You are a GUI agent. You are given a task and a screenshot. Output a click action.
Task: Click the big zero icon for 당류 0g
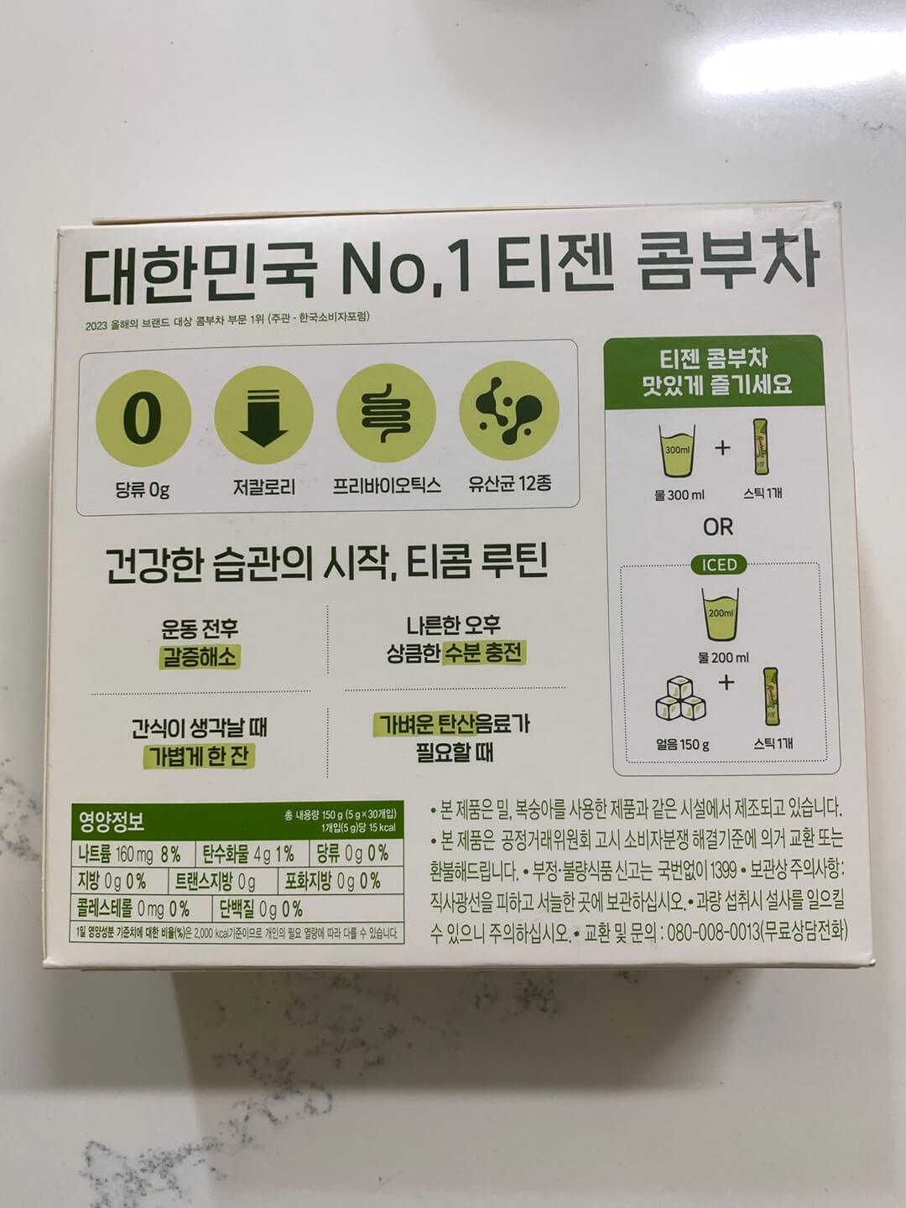pos(143,417)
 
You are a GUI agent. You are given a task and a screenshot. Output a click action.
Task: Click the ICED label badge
pos(719,565)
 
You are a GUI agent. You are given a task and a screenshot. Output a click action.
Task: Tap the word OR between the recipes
pos(718,527)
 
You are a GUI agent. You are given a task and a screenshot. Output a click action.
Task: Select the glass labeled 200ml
pos(721,614)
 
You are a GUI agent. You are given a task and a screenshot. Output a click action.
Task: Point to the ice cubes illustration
pos(682,699)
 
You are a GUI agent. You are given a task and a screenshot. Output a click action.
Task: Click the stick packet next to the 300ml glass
pos(762,448)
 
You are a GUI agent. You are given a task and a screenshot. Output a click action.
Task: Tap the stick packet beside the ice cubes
pos(772,696)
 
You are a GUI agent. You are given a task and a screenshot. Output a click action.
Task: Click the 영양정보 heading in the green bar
pos(112,820)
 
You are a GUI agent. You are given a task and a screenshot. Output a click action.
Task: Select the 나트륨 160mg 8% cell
pos(130,855)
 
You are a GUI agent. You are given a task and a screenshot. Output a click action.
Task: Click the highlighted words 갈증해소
pos(199,657)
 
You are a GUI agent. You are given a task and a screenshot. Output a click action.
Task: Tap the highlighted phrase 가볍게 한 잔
pos(198,756)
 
